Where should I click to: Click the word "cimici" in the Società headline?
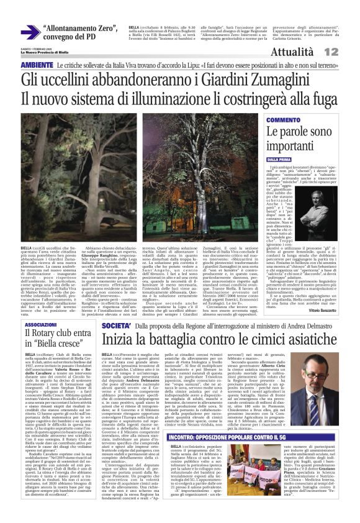click(239, 340)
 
